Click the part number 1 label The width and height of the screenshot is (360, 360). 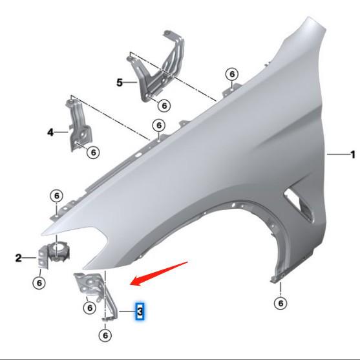click(x=353, y=154)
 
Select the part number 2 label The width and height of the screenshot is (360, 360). click(x=19, y=259)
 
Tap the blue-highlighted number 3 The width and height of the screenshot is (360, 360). click(x=139, y=313)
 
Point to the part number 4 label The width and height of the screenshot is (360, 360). click(x=50, y=132)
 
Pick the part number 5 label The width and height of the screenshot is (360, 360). click(x=120, y=83)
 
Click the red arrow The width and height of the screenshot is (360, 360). click(x=159, y=272)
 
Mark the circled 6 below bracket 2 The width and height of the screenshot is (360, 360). click(x=39, y=282)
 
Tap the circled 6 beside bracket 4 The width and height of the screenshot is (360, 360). click(x=92, y=152)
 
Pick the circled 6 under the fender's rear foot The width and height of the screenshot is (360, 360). click(x=281, y=302)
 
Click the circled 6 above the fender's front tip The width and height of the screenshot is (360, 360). click(x=56, y=196)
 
